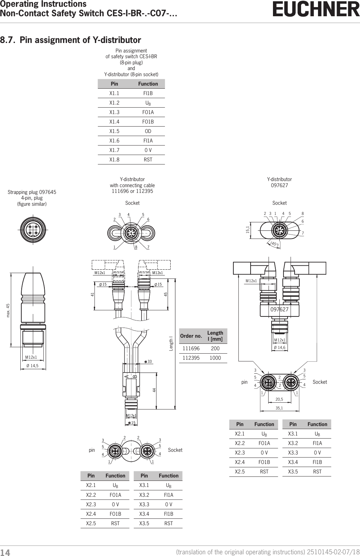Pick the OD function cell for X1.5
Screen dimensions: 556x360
click(148, 131)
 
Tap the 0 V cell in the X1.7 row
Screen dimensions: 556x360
click(148, 150)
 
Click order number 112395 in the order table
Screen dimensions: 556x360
click(191, 358)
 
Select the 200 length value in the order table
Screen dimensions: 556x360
click(215, 349)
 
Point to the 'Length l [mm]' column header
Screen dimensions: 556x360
click(215, 336)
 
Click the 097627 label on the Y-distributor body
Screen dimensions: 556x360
click(279, 310)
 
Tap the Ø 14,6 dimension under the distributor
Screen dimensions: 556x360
click(279, 348)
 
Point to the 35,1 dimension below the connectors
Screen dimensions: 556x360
click(279, 408)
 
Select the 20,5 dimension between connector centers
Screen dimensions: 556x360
click(279, 400)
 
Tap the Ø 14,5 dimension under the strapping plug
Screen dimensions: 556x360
click(33, 365)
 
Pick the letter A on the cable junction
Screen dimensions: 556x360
click(126, 377)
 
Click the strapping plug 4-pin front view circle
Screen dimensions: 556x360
click(33, 228)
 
